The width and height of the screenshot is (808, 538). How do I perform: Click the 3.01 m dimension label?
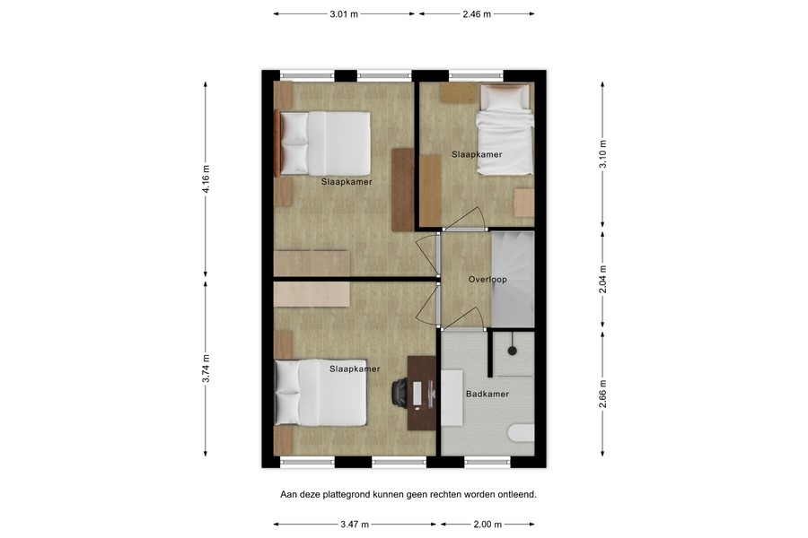click(345, 14)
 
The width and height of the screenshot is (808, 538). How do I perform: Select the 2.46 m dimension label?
click(476, 14)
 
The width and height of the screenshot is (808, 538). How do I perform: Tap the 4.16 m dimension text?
click(206, 179)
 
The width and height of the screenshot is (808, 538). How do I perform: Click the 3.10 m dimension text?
click(602, 152)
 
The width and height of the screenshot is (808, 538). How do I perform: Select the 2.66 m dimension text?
click(602, 395)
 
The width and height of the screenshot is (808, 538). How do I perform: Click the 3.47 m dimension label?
click(356, 525)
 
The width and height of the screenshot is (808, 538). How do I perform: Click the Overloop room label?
click(487, 280)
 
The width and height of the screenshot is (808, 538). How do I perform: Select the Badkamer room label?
click(487, 395)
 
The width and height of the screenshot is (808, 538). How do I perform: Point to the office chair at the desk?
click(400, 392)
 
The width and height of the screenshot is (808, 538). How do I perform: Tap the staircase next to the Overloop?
click(513, 278)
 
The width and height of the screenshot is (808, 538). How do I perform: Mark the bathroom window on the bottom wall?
click(487, 463)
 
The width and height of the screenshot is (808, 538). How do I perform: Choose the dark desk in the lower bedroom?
click(420, 393)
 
